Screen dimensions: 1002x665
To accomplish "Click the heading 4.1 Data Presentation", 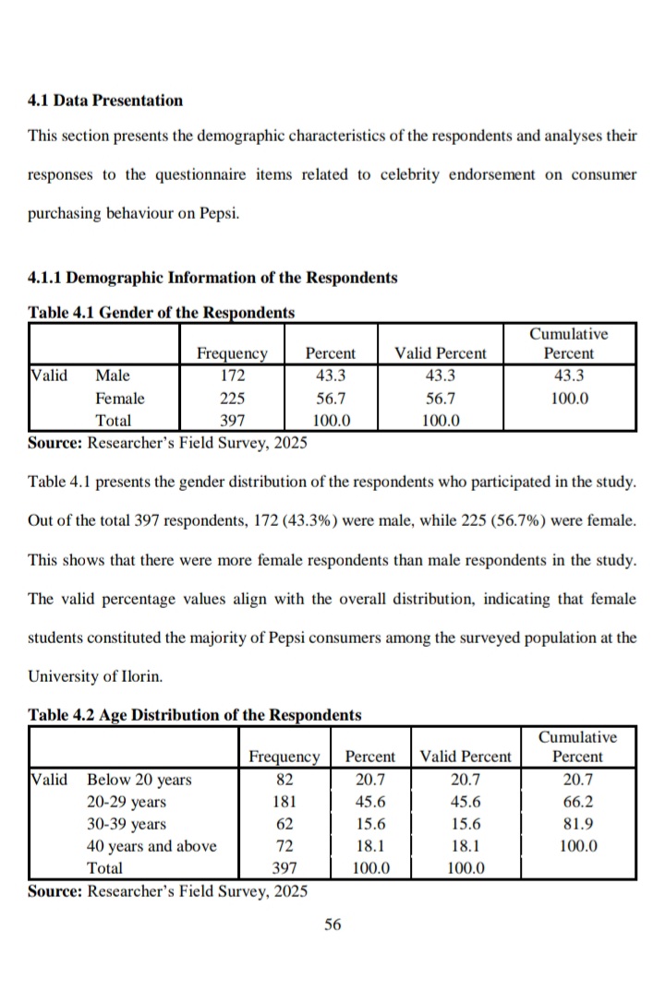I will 105,100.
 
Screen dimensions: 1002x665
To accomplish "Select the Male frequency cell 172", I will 232,376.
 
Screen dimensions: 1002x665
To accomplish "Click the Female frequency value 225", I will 232,399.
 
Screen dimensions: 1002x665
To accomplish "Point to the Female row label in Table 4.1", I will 120,399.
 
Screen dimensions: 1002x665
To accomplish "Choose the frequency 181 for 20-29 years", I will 284,802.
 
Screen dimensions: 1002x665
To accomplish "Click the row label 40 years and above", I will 151,846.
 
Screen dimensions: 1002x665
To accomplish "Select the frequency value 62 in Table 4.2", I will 284,824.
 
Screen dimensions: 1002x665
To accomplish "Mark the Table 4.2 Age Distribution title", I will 195,715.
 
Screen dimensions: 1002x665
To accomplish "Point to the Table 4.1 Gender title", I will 162,312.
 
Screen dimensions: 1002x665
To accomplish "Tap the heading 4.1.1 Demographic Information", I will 212,277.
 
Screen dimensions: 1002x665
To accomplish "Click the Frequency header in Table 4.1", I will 232,353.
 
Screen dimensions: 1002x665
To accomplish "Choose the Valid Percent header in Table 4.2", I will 465,757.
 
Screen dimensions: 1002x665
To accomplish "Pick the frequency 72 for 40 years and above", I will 284,846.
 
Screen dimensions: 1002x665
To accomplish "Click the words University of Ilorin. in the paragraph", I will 95,675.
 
